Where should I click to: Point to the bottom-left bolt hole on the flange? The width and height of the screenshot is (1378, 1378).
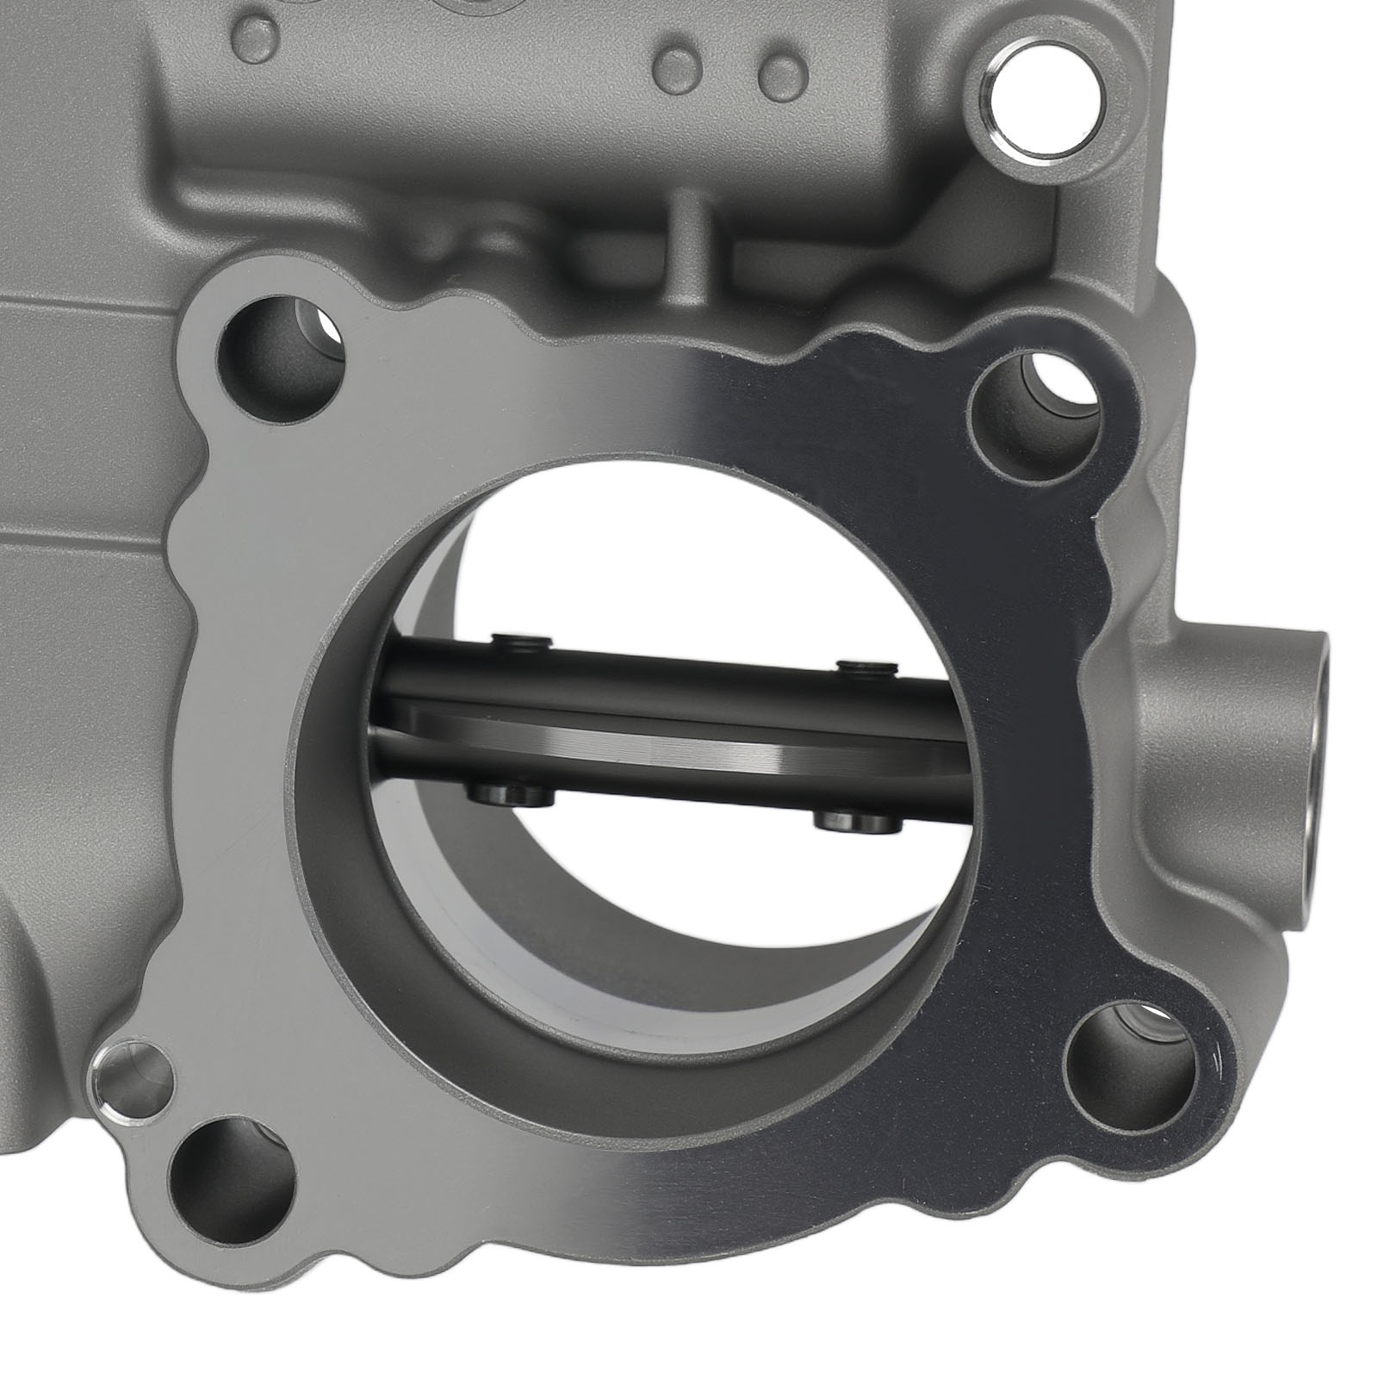(x=229, y=1180)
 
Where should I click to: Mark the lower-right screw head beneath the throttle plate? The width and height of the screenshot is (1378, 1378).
(x=858, y=818)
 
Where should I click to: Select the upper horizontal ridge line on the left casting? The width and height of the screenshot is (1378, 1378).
(x=78, y=307)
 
